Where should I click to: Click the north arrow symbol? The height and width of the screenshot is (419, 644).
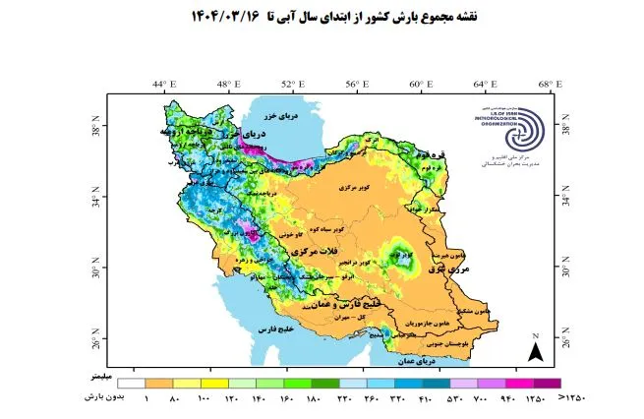click(536, 350)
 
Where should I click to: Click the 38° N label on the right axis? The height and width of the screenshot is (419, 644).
click(566, 128)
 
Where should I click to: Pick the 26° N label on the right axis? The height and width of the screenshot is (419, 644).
click(566, 341)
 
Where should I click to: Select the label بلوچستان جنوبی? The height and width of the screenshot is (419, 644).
click(448, 344)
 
